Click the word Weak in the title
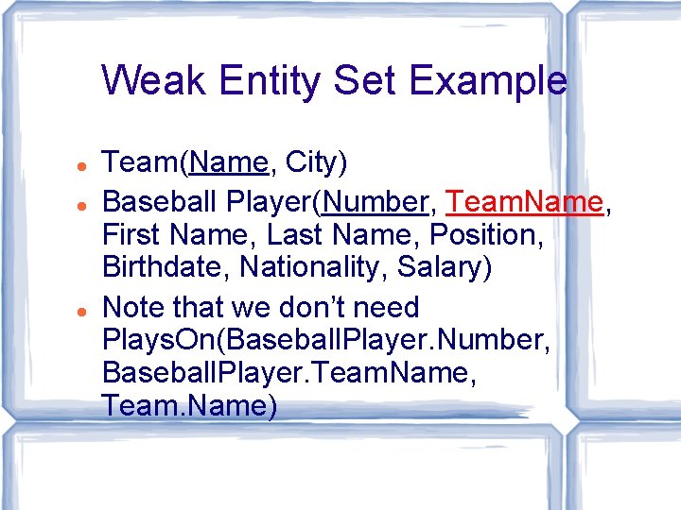154,80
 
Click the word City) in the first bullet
317,162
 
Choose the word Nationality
315,267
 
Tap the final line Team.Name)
189,406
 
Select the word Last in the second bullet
285,234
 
